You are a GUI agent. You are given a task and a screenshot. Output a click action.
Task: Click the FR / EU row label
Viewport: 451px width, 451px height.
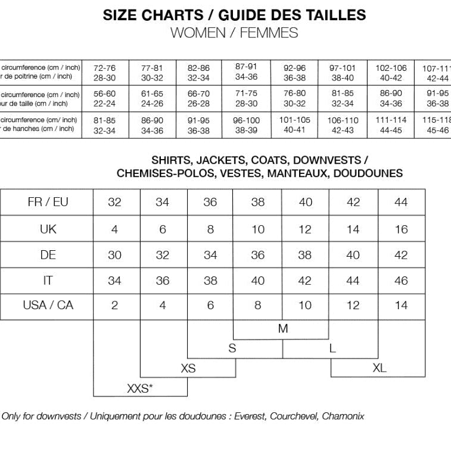pyautogui.click(x=48, y=202)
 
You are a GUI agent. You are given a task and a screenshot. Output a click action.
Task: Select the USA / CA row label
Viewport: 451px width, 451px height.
pyautogui.click(x=48, y=305)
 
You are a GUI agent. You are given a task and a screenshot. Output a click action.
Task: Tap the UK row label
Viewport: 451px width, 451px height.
pyautogui.click(x=48, y=229)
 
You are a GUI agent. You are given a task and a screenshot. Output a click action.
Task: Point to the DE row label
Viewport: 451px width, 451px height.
pyautogui.click(x=48, y=254)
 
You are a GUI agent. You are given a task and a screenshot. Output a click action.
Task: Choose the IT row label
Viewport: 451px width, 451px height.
pyautogui.click(x=48, y=280)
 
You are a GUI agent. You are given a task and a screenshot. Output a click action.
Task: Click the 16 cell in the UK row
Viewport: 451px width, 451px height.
pyautogui.click(x=401, y=229)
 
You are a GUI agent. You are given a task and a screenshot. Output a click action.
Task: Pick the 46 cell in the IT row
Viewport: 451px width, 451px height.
pyautogui.click(x=401, y=280)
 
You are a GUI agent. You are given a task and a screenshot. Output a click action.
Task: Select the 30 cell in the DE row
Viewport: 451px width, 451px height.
pyautogui.click(x=114, y=254)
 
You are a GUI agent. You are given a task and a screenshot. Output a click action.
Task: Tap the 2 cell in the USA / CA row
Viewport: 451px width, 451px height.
pyautogui.click(x=114, y=305)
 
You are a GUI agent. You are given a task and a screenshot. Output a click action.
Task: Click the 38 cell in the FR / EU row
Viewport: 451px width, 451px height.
pyautogui.click(x=257, y=202)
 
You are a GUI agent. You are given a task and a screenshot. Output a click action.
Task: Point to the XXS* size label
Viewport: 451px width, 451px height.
pyautogui.click(x=140, y=388)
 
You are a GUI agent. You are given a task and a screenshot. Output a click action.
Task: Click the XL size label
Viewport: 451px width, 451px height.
pyautogui.click(x=379, y=368)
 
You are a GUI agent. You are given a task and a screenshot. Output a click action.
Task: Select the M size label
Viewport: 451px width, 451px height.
pyautogui.click(x=282, y=328)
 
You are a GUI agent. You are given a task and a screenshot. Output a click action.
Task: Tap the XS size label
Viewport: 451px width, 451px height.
pyautogui.click(x=188, y=368)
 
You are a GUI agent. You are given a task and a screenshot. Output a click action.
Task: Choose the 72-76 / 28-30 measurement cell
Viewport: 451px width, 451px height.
pyautogui.click(x=105, y=72)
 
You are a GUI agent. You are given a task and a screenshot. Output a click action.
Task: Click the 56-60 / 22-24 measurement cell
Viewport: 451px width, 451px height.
pyautogui.click(x=105, y=98)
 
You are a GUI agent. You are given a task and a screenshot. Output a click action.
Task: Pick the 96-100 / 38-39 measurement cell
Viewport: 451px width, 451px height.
pyautogui.click(x=246, y=125)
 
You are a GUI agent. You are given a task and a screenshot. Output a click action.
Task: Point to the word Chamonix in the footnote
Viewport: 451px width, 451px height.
pyautogui.click(x=343, y=416)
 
